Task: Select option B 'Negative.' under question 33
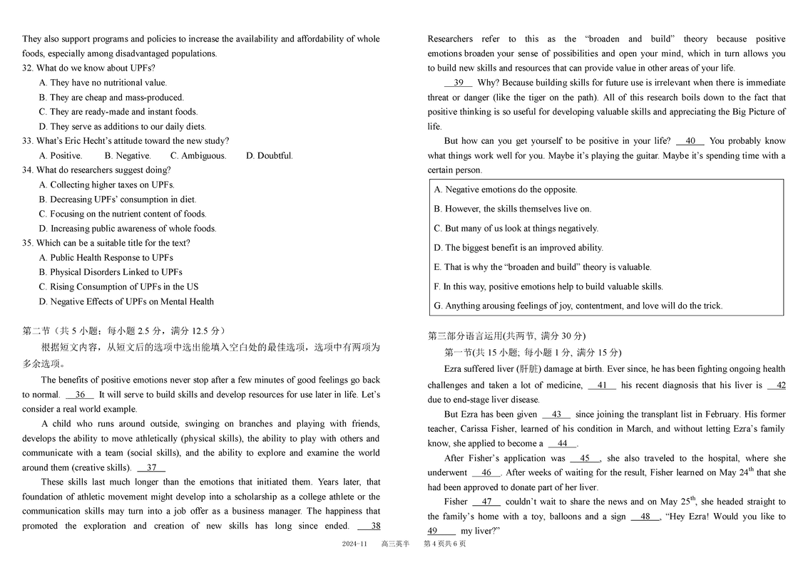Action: click(128, 155)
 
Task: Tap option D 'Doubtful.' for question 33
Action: click(269, 155)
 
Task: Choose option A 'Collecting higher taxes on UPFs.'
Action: click(106, 185)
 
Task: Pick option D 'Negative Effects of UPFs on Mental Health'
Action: click(126, 301)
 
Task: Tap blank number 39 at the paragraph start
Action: click(458, 83)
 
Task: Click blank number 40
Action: click(690, 141)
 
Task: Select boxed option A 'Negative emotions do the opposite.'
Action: click(506, 190)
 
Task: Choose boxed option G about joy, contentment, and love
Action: click(578, 306)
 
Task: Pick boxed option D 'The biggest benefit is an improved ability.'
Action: click(518, 248)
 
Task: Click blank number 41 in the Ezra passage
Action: click(602, 385)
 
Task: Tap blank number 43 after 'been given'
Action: click(556, 415)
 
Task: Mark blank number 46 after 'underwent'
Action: click(486, 473)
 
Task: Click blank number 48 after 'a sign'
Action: click(645, 517)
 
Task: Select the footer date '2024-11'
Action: click(354, 544)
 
